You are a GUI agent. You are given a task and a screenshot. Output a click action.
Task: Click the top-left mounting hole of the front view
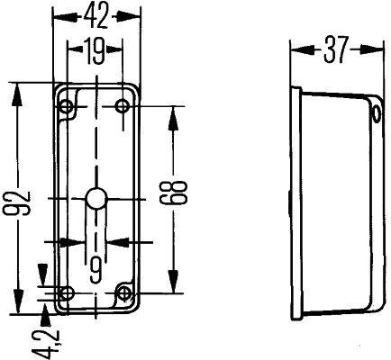click(66, 108)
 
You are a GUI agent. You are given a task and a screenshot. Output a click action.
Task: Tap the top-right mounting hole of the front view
click(123, 108)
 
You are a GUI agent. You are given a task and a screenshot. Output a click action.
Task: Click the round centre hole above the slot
click(95, 199)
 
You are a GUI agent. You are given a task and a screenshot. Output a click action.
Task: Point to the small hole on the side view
click(375, 113)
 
